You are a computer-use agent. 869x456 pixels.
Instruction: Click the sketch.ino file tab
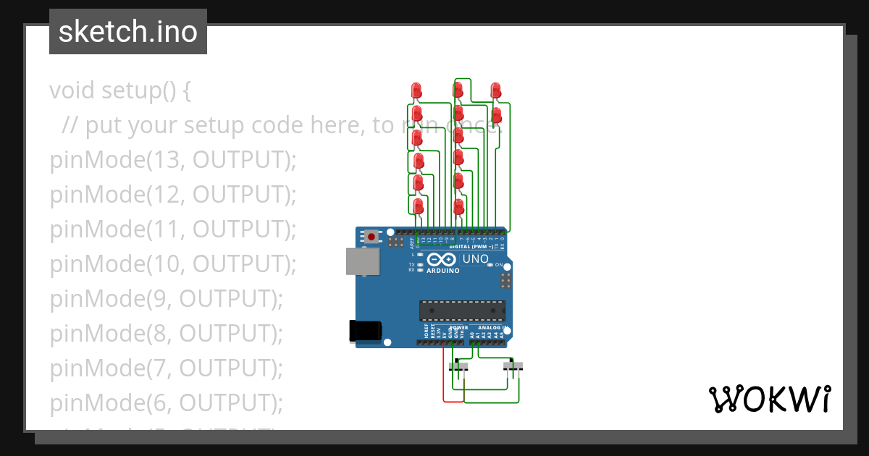128,32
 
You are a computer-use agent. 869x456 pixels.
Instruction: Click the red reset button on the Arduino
372,237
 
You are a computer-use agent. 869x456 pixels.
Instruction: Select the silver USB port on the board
362,261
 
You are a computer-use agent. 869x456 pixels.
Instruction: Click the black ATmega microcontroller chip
462,310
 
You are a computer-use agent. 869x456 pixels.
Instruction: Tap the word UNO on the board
476,259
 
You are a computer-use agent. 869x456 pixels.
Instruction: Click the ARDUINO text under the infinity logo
443,271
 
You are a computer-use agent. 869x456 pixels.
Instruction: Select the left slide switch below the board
458,367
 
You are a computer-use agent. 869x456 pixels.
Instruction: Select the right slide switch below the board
513,367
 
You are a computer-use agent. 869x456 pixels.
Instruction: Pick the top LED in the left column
416,90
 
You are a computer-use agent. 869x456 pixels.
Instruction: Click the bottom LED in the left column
418,206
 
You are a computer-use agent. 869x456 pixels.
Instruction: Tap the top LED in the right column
495,90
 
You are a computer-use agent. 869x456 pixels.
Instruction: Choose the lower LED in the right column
497,115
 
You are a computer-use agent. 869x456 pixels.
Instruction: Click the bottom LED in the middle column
458,207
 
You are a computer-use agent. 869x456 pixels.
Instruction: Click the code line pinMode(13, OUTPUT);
173,160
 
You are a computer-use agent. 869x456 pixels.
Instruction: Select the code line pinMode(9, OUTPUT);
166,299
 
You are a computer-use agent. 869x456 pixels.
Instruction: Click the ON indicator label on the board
498,265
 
